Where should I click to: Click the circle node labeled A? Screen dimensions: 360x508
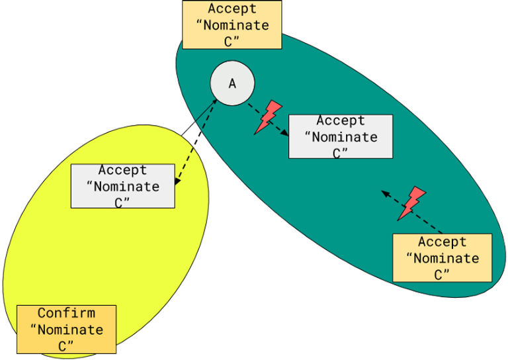232,83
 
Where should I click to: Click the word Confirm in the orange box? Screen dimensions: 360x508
66,313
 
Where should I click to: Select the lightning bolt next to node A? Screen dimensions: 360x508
269,117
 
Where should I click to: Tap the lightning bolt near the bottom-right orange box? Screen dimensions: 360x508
413,202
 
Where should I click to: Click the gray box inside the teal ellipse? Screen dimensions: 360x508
341,136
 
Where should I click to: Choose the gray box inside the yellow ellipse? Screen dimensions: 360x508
122,186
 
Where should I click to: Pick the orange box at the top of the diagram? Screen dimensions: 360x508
232,24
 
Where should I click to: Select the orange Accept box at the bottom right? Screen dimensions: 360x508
442,257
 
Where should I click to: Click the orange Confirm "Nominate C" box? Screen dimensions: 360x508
66,329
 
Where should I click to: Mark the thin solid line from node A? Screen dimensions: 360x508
204,112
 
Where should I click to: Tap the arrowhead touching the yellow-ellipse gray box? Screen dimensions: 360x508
177,181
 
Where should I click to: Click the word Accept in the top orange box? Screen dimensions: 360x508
232,9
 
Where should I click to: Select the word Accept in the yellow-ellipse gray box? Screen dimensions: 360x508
122,171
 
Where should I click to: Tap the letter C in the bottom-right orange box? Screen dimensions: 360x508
438,275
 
